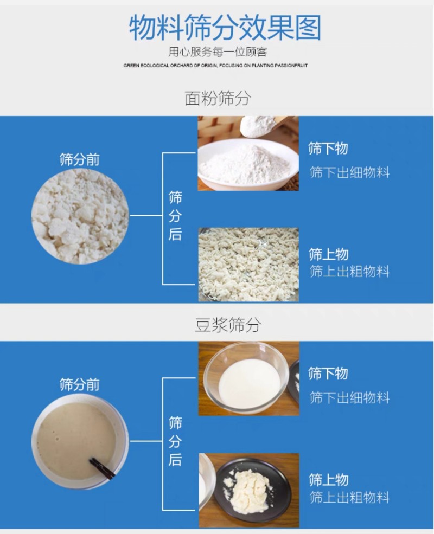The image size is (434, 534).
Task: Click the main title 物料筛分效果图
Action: coord(225,28)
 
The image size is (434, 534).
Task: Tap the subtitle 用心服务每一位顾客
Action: coord(218,52)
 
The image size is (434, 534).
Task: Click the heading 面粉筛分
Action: coord(218,98)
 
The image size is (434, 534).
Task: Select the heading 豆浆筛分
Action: coord(227,325)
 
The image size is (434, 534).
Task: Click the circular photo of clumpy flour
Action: coord(80,216)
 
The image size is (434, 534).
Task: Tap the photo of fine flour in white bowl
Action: coord(248,153)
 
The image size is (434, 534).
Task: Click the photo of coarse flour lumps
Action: coord(248,265)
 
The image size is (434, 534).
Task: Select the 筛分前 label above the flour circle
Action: coord(79,159)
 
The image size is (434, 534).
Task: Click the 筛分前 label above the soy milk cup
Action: coord(79,385)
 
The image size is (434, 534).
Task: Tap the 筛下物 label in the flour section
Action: coord(328,149)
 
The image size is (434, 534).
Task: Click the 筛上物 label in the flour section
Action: coord(328,254)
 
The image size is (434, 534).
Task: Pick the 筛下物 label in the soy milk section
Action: coord(328,374)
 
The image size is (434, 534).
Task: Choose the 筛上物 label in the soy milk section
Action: coord(328,480)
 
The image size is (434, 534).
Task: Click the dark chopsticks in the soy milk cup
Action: coord(102,468)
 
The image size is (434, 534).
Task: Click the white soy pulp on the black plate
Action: coord(246,487)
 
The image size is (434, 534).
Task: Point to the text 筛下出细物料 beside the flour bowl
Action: coord(349,172)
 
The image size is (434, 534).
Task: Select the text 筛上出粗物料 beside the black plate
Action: coord(349,498)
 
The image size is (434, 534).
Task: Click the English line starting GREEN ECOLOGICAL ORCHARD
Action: coord(215,66)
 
